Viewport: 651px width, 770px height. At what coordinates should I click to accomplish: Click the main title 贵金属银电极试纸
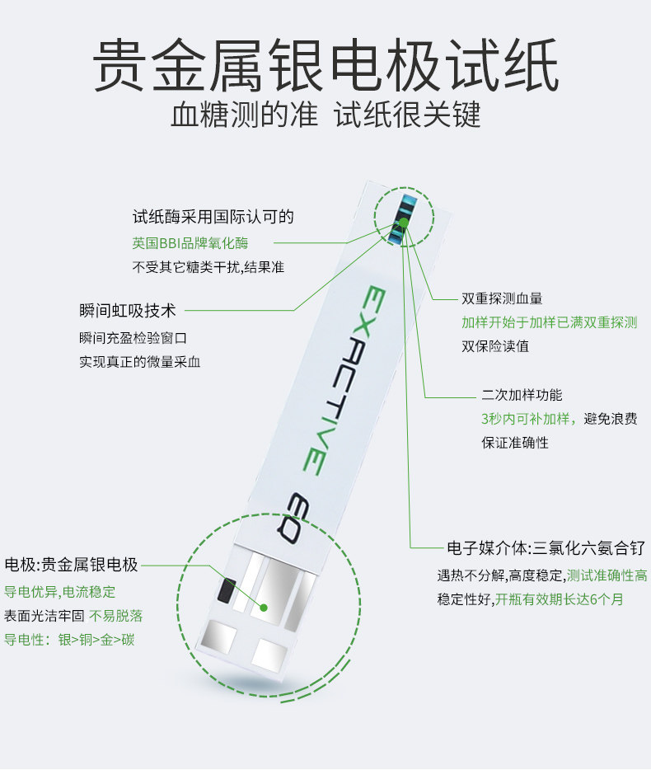(325, 65)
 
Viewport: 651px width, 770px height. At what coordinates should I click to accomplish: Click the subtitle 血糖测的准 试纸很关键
(325, 115)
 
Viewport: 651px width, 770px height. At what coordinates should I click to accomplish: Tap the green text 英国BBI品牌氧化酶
(190, 243)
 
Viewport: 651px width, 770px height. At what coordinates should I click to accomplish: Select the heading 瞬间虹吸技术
(128, 310)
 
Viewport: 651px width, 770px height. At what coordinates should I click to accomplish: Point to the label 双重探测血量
(502, 298)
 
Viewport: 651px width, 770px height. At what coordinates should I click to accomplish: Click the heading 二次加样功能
(522, 395)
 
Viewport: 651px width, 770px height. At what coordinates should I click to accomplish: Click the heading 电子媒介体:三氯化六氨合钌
(546, 547)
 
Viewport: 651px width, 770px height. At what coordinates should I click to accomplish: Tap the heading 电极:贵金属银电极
(71, 565)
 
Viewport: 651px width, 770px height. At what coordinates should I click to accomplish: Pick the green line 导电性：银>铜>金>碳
(69, 640)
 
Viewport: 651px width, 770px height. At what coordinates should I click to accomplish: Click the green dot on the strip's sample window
(403, 223)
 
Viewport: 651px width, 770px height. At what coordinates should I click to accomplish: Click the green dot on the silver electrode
(264, 608)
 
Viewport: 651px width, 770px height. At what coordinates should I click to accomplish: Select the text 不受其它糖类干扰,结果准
(208, 267)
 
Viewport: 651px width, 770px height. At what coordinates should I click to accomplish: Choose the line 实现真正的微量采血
(140, 362)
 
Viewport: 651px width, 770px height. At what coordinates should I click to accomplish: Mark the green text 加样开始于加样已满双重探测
(550, 322)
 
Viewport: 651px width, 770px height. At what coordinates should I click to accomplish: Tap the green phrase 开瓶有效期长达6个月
(560, 599)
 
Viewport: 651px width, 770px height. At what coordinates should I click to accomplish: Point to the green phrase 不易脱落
(116, 616)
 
